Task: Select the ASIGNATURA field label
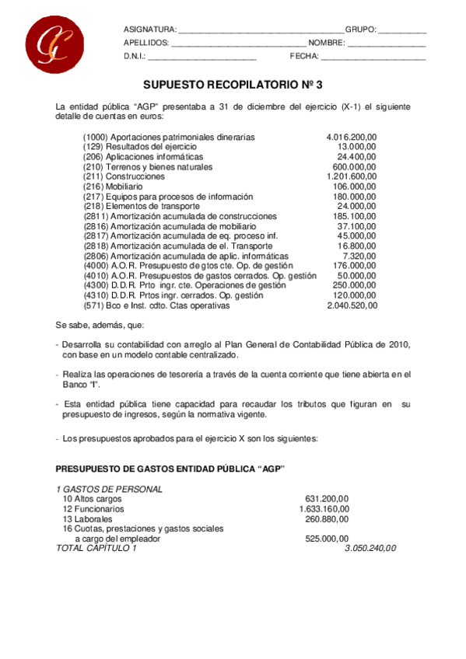[149, 30]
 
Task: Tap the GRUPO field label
[361, 30]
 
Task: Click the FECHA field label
[304, 56]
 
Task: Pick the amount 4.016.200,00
[352, 137]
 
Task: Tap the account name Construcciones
[135, 176]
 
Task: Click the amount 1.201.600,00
[352, 176]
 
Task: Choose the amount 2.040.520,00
[352, 305]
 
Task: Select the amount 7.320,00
[360, 256]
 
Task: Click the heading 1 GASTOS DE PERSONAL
[110, 489]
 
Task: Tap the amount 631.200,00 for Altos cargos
[327, 499]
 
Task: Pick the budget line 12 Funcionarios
[93, 509]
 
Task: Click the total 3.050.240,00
[370, 548]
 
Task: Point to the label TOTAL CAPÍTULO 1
[96, 548]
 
